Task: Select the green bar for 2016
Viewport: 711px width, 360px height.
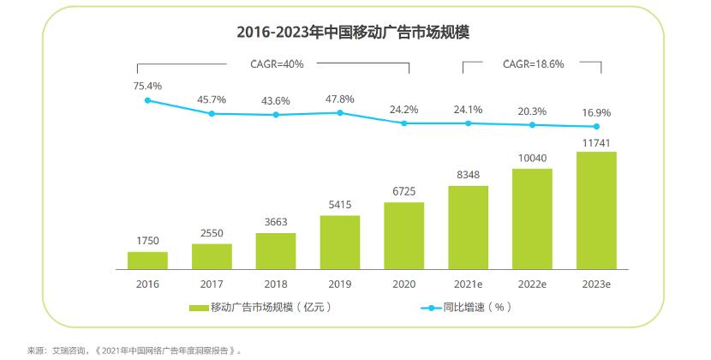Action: (147, 260)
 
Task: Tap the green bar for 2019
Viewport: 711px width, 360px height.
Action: (340, 242)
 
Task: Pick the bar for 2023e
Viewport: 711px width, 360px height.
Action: (596, 210)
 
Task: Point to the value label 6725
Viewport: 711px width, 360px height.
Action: (404, 189)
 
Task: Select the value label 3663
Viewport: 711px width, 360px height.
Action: (276, 220)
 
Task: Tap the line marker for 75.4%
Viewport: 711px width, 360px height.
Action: (147, 100)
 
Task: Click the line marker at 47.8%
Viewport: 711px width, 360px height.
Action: (340, 112)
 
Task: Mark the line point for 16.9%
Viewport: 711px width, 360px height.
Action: (596, 127)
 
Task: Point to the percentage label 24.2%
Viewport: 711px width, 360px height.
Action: (404, 109)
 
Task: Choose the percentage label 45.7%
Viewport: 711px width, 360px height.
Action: (212, 99)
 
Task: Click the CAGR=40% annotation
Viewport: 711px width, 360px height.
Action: (276, 63)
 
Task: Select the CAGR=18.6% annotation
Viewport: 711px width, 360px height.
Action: (533, 63)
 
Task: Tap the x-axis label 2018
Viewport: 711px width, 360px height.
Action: (276, 282)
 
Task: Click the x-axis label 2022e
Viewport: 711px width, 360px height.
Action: (532, 282)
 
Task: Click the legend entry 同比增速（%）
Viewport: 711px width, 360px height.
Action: (467, 307)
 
